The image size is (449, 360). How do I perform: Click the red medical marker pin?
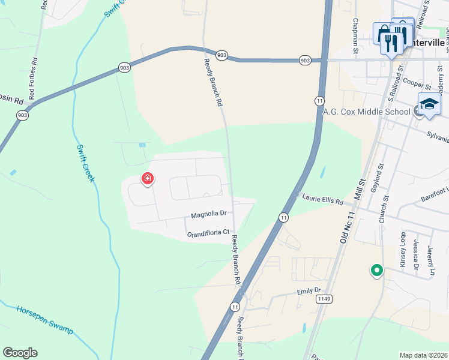[147, 179]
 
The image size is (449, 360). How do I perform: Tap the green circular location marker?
[376, 271]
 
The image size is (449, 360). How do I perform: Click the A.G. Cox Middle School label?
[367, 112]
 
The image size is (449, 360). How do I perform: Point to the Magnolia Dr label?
[208, 214]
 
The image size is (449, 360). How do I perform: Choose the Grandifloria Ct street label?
[208, 232]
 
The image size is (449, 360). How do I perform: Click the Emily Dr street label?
[310, 291]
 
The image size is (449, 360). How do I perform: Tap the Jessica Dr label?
[417, 254]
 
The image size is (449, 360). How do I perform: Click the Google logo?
[20, 353]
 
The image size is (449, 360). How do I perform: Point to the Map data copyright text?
[424, 355]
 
